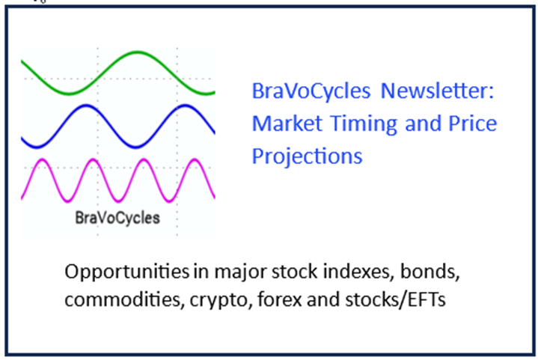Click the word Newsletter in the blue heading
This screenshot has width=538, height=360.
click(438, 91)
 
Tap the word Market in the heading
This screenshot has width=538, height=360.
click(287, 123)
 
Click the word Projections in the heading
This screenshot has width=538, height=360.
click(307, 157)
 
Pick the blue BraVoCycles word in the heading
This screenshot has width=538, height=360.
click(311, 91)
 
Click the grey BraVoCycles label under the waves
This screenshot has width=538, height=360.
click(117, 219)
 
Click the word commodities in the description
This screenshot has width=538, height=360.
click(123, 299)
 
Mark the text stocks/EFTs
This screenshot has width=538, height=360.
click(395, 299)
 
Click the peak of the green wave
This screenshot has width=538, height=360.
click(137, 52)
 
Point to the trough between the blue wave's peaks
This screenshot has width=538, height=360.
click(135, 147)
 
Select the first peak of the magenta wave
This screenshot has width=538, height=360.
click(42, 160)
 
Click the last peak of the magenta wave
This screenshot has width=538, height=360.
click(195, 160)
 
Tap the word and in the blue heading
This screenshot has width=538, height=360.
click(423, 123)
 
